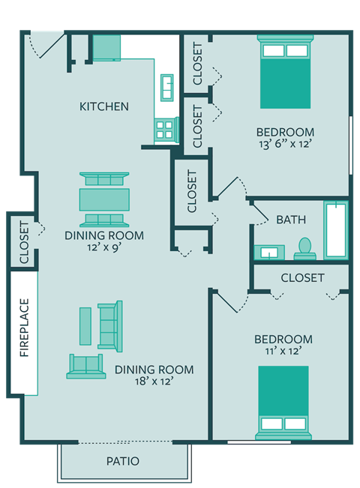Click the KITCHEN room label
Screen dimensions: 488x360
click(x=103, y=106)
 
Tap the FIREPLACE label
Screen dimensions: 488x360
click(x=24, y=328)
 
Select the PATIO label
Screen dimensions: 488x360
click(x=122, y=461)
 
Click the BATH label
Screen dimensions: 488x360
click(x=290, y=220)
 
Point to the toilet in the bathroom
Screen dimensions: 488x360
click(x=304, y=248)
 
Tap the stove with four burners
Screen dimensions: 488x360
click(x=165, y=130)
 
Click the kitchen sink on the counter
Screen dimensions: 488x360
click(x=166, y=89)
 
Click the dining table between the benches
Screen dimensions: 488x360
click(x=104, y=199)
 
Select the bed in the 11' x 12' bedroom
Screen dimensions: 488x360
click(x=283, y=401)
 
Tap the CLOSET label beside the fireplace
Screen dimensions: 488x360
click(x=24, y=241)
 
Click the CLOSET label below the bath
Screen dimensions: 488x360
click(x=302, y=278)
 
